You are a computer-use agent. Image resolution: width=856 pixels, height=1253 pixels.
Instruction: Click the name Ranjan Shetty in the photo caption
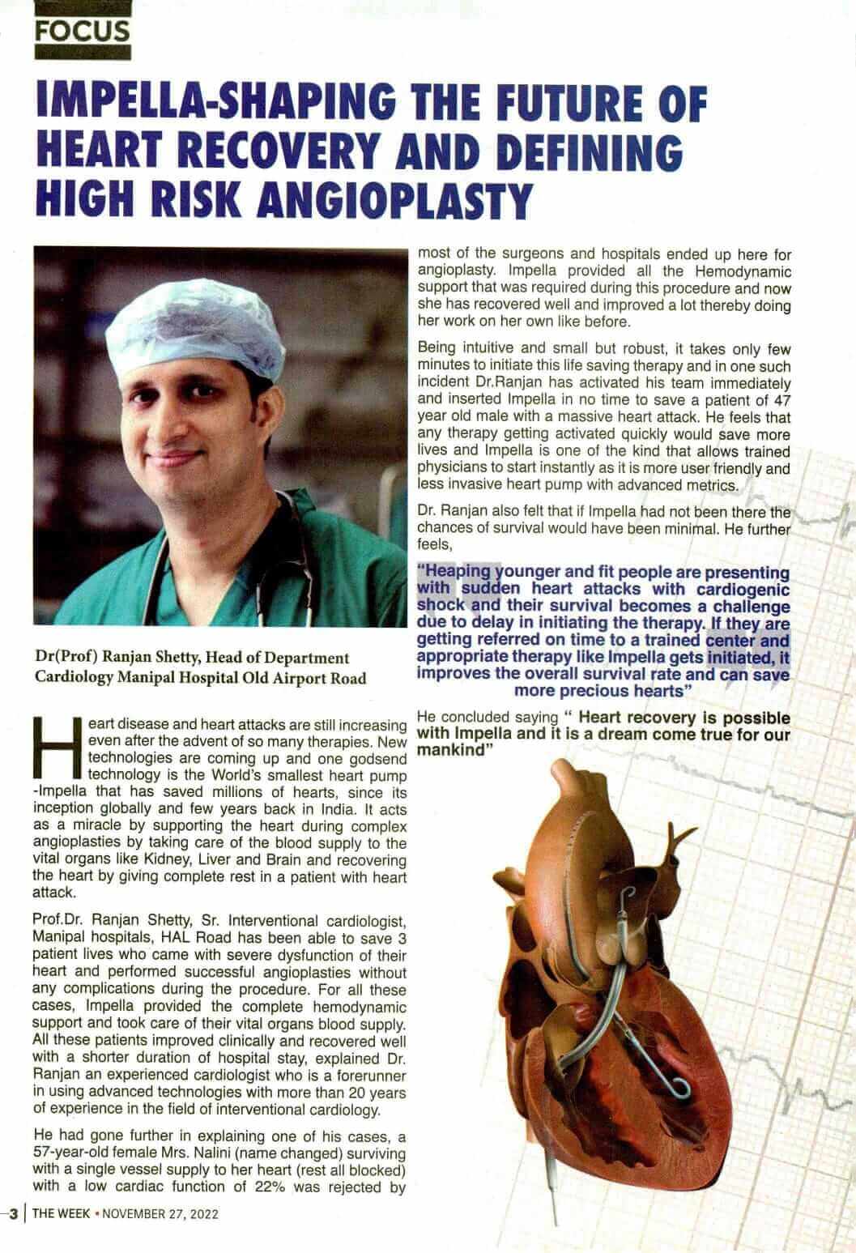[x=147, y=658]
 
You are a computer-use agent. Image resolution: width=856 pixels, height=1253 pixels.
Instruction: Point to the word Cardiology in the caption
[x=71, y=677]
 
